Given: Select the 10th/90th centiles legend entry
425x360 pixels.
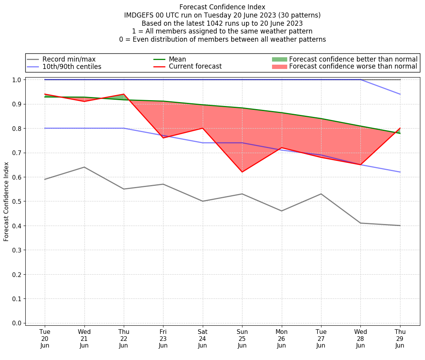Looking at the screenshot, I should coord(72,67).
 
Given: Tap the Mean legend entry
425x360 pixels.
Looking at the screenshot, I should coord(177,59).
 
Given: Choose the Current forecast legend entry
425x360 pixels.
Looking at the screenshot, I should coord(195,67).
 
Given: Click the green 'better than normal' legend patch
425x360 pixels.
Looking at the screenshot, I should coord(279,59).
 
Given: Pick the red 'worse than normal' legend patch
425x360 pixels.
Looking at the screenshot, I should coord(279,67).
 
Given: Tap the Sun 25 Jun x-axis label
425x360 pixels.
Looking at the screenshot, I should coord(242,338).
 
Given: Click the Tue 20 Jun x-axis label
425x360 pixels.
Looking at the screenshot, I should coord(45,338).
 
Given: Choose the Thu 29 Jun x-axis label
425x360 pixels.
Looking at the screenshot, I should coord(400,338).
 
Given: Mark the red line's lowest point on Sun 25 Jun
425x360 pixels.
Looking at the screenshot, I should coord(242,172).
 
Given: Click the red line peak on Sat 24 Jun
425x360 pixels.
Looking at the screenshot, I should coord(202,128).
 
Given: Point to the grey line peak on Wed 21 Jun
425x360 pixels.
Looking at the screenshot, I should coord(84,167).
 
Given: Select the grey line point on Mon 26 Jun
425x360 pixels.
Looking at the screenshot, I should coord(281,211).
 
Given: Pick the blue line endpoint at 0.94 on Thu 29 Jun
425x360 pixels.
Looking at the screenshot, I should coord(400,94).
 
